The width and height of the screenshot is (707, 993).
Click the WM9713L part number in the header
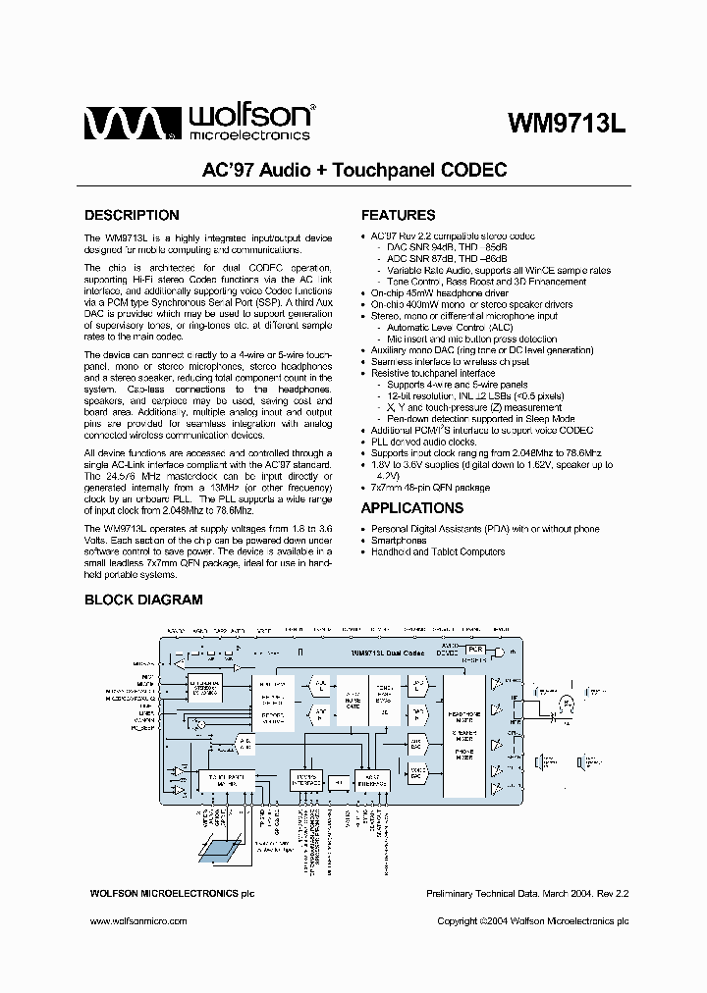(x=567, y=124)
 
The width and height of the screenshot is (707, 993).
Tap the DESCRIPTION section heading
(x=132, y=215)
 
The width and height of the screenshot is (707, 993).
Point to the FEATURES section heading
(x=398, y=215)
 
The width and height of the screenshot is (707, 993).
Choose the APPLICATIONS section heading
(x=412, y=508)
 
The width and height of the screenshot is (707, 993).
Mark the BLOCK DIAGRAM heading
(x=143, y=600)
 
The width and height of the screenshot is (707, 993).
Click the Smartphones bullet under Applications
(x=399, y=541)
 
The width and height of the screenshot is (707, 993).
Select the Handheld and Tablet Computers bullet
(x=438, y=551)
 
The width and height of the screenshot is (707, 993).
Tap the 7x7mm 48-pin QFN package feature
(x=430, y=487)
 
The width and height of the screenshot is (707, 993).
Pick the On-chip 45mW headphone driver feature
(x=439, y=293)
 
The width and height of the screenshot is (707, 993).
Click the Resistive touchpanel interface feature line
(x=433, y=373)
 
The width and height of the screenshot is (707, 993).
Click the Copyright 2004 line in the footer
(x=532, y=921)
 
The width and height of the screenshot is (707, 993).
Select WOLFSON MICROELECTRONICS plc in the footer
(x=172, y=893)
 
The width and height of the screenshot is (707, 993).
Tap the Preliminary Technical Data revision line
(x=526, y=893)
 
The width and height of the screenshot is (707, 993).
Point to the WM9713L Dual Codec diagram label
(x=387, y=652)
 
